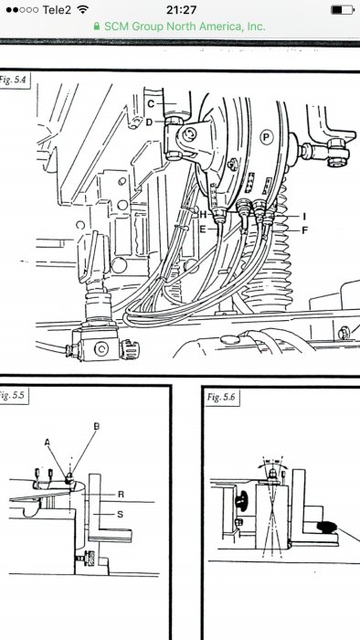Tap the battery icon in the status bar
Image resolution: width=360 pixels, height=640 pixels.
click(343, 10)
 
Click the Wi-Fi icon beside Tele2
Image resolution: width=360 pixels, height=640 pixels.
click(83, 10)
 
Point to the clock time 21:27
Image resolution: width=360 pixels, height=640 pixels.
click(182, 10)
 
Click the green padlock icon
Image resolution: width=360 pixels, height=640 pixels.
click(97, 27)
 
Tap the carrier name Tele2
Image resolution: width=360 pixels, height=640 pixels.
click(57, 10)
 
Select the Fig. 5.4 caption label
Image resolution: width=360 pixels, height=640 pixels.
click(14, 80)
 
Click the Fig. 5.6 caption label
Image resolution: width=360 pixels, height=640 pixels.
click(220, 397)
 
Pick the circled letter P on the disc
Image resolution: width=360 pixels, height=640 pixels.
click(266, 138)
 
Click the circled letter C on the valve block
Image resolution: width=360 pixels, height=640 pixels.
click(101, 348)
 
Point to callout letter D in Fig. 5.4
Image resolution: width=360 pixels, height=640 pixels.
click(149, 122)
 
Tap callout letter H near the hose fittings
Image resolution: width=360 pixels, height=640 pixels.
click(203, 214)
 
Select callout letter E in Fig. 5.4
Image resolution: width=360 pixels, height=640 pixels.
click(203, 229)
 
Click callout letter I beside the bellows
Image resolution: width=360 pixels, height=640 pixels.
click(304, 217)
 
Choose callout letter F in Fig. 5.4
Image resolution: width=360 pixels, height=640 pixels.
click(304, 230)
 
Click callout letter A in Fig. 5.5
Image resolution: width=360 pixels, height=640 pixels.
click(48, 442)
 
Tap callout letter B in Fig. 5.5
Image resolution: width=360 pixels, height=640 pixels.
click(97, 426)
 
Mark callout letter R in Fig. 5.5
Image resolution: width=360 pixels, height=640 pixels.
click(121, 495)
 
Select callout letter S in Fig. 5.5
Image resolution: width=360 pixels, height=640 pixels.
click(120, 514)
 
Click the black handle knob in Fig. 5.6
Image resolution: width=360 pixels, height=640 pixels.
click(326, 528)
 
